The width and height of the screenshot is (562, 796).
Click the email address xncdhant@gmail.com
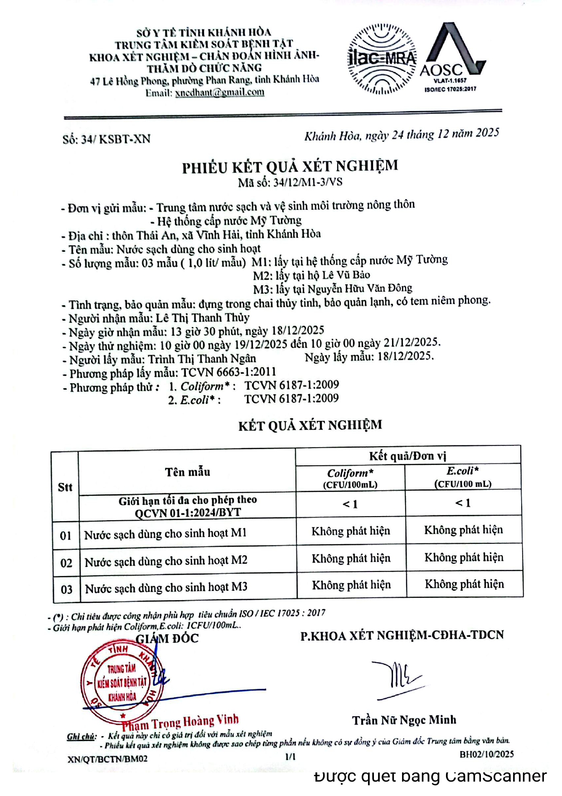click(x=219, y=93)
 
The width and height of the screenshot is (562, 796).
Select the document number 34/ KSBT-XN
click(x=107, y=139)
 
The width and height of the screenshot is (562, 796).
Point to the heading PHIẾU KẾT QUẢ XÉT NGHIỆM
click(x=290, y=166)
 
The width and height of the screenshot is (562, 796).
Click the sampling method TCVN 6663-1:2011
click(x=229, y=372)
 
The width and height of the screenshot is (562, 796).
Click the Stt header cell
click(x=65, y=487)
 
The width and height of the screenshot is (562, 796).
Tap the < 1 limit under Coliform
click(x=350, y=504)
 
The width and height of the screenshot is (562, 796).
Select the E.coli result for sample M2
click(x=464, y=557)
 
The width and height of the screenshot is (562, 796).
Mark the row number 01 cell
click(x=66, y=535)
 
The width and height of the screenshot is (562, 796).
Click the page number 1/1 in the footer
click(x=290, y=756)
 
